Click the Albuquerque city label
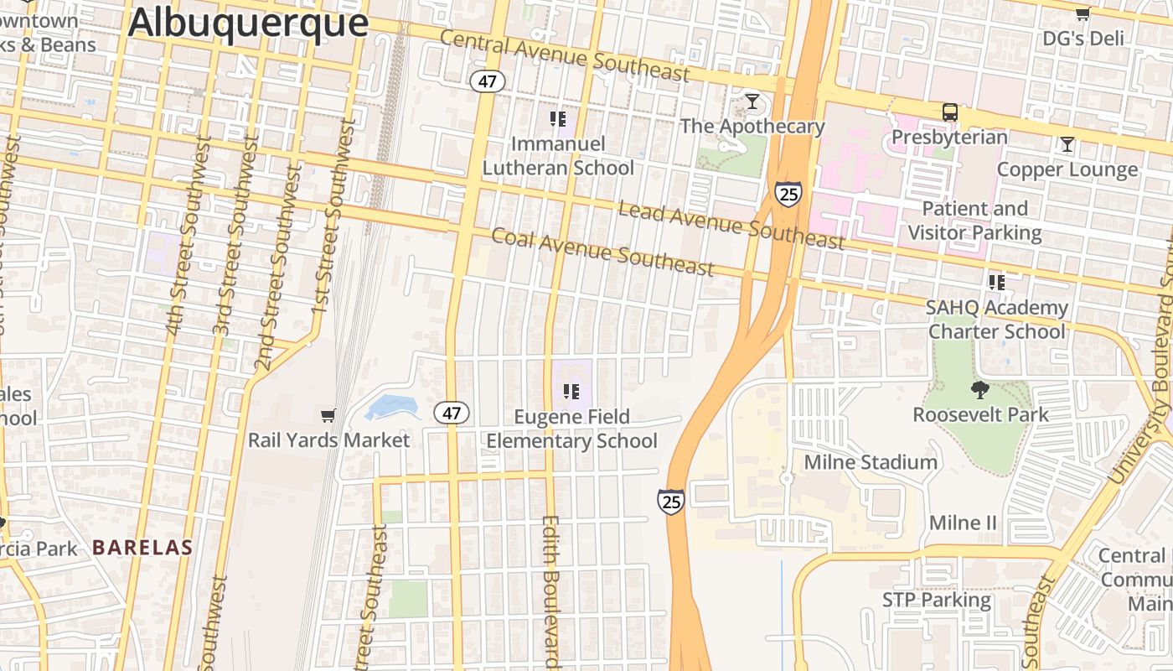248,23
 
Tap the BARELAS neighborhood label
142,548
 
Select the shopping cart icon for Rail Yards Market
328,415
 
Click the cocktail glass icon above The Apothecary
752,101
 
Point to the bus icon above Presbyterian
949,112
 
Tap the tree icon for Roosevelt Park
979,389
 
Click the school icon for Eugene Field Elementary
571,391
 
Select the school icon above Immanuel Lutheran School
558,119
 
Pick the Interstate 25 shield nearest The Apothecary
788,193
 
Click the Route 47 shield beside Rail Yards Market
452,413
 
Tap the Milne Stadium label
871,462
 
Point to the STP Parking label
937,601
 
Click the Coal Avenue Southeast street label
602,252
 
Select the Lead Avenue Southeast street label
731,225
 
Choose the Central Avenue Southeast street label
564,56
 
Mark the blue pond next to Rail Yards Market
392,408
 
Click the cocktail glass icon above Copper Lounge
1067,144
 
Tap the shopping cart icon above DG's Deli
1083,13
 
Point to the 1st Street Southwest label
333,218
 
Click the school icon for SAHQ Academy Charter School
996,282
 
